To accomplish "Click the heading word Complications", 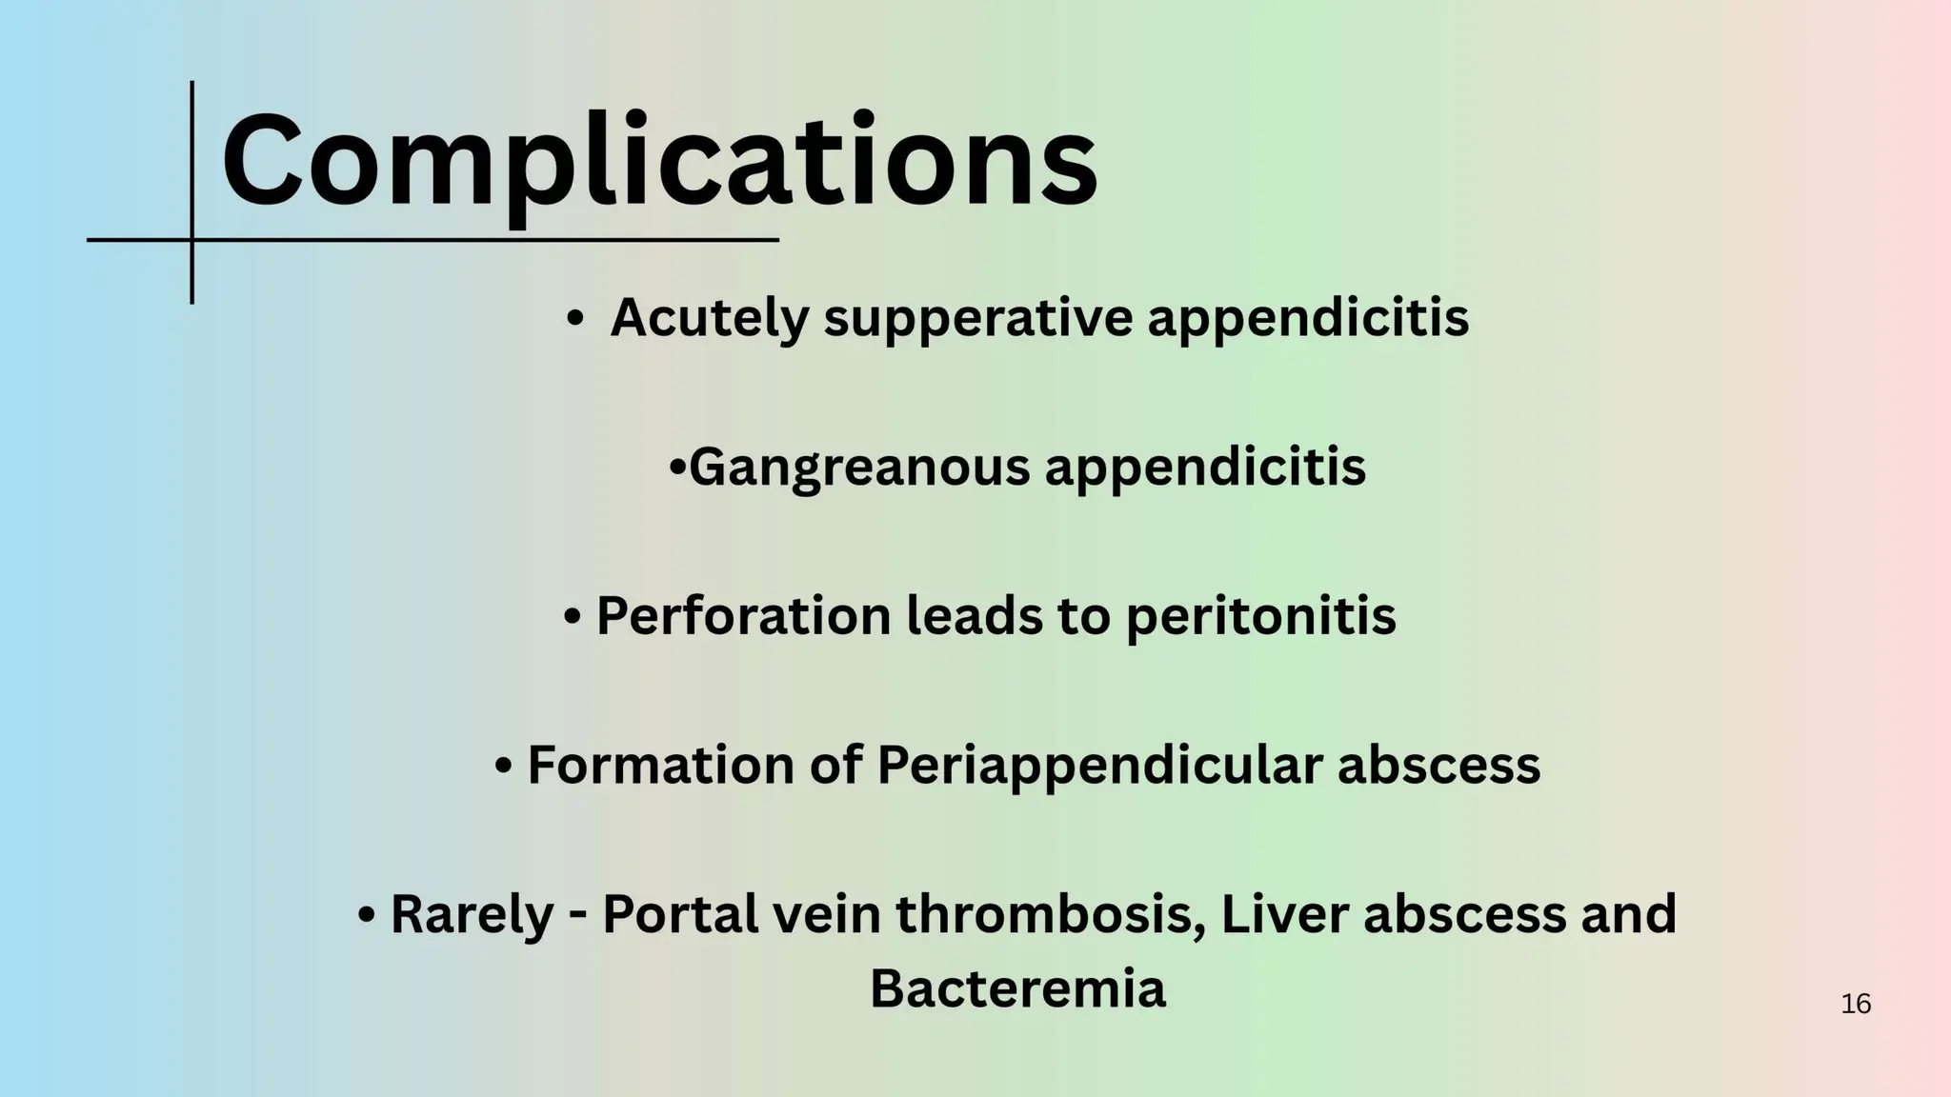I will pos(659,160).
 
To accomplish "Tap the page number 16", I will pos(1856,1004).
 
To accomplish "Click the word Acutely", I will pos(709,317).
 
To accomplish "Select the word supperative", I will pos(978,319).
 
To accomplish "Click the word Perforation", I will pos(743,615).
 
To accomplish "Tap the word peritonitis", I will pos(1260,617).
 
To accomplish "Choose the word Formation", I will pos(660,764).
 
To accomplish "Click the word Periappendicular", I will pos(1099,766).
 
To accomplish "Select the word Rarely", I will pos(472,913).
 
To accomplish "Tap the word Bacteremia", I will pos(1017,987).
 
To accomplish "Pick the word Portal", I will pos(680,913).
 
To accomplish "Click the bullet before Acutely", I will pos(573,319).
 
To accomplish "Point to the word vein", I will pos(826,913).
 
